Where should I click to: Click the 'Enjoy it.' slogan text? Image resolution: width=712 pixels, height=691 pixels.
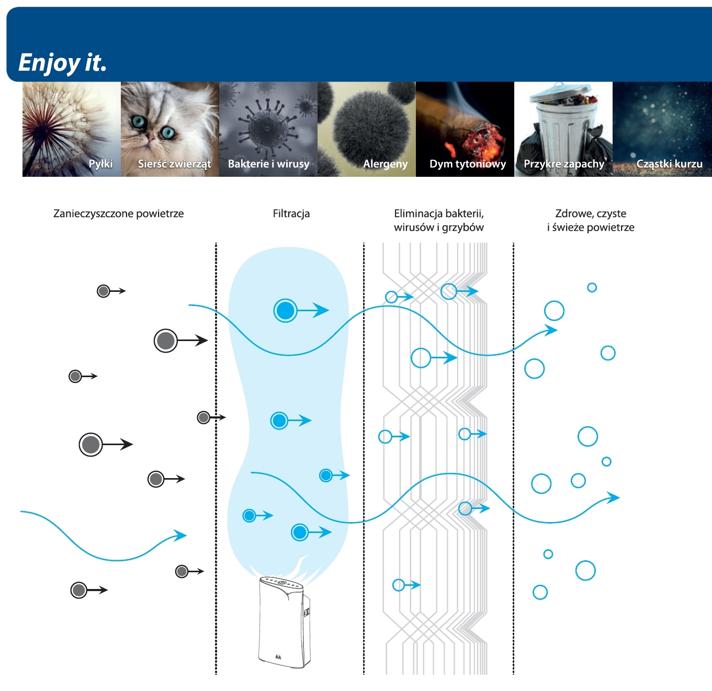click(63, 63)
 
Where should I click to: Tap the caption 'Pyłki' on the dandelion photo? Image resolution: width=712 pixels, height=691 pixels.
click(100, 164)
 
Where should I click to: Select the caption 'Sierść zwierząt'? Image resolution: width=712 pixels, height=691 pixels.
click(174, 164)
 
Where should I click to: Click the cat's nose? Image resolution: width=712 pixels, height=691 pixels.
click(150, 138)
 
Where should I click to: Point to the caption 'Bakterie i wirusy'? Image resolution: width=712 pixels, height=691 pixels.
click(268, 164)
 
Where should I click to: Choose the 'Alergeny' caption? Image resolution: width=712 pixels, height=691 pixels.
click(385, 164)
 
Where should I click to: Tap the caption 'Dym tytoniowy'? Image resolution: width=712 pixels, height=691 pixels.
click(468, 164)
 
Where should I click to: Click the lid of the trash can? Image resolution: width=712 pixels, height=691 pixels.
click(560, 94)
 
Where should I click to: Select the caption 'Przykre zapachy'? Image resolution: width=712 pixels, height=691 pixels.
click(564, 164)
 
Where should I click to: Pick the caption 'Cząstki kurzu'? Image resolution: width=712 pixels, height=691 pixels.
click(669, 164)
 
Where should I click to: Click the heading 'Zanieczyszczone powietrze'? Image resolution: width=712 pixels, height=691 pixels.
click(119, 213)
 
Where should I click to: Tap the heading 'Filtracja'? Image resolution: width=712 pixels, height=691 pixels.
click(291, 213)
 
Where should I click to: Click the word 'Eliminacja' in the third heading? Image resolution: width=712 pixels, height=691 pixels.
click(417, 213)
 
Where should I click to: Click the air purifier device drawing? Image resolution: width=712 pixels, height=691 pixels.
click(284, 621)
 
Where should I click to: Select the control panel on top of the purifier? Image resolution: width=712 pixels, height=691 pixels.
click(280, 582)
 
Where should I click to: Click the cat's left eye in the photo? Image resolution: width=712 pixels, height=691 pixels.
click(139, 122)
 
